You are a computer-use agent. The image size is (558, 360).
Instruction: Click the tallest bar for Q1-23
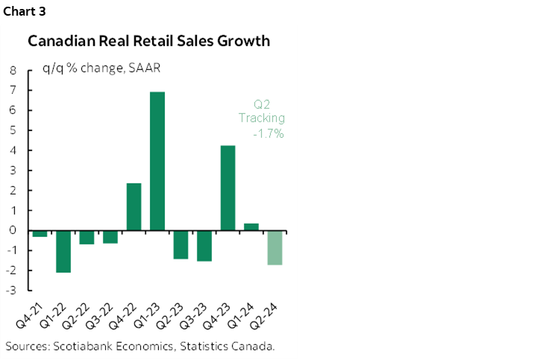click(x=157, y=161)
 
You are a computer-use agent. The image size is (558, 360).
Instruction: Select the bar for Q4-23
click(x=228, y=188)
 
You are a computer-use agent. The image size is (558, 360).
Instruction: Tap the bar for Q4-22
click(x=134, y=206)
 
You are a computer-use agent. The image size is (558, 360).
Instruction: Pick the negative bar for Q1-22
click(x=63, y=251)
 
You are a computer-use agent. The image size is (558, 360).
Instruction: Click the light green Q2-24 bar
click(x=275, y=247)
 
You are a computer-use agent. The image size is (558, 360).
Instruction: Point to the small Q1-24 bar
click(x=251, y=227)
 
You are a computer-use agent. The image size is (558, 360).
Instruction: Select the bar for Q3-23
click(x=204, y=245)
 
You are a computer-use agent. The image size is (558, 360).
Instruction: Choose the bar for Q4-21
click(x=40, y=233)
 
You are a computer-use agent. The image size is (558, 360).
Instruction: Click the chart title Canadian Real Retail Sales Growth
click(x=148, y=41)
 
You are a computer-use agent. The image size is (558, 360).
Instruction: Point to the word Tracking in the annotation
click(x=262, y=119)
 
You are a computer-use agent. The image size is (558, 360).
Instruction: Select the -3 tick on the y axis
click(x=10, y=290)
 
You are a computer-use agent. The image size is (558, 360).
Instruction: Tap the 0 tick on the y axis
click(x=13, y=230)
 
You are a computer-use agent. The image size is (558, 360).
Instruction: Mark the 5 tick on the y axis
click(x=13, y=130)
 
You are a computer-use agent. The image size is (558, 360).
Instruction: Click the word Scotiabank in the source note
click(x=82, y=347)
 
